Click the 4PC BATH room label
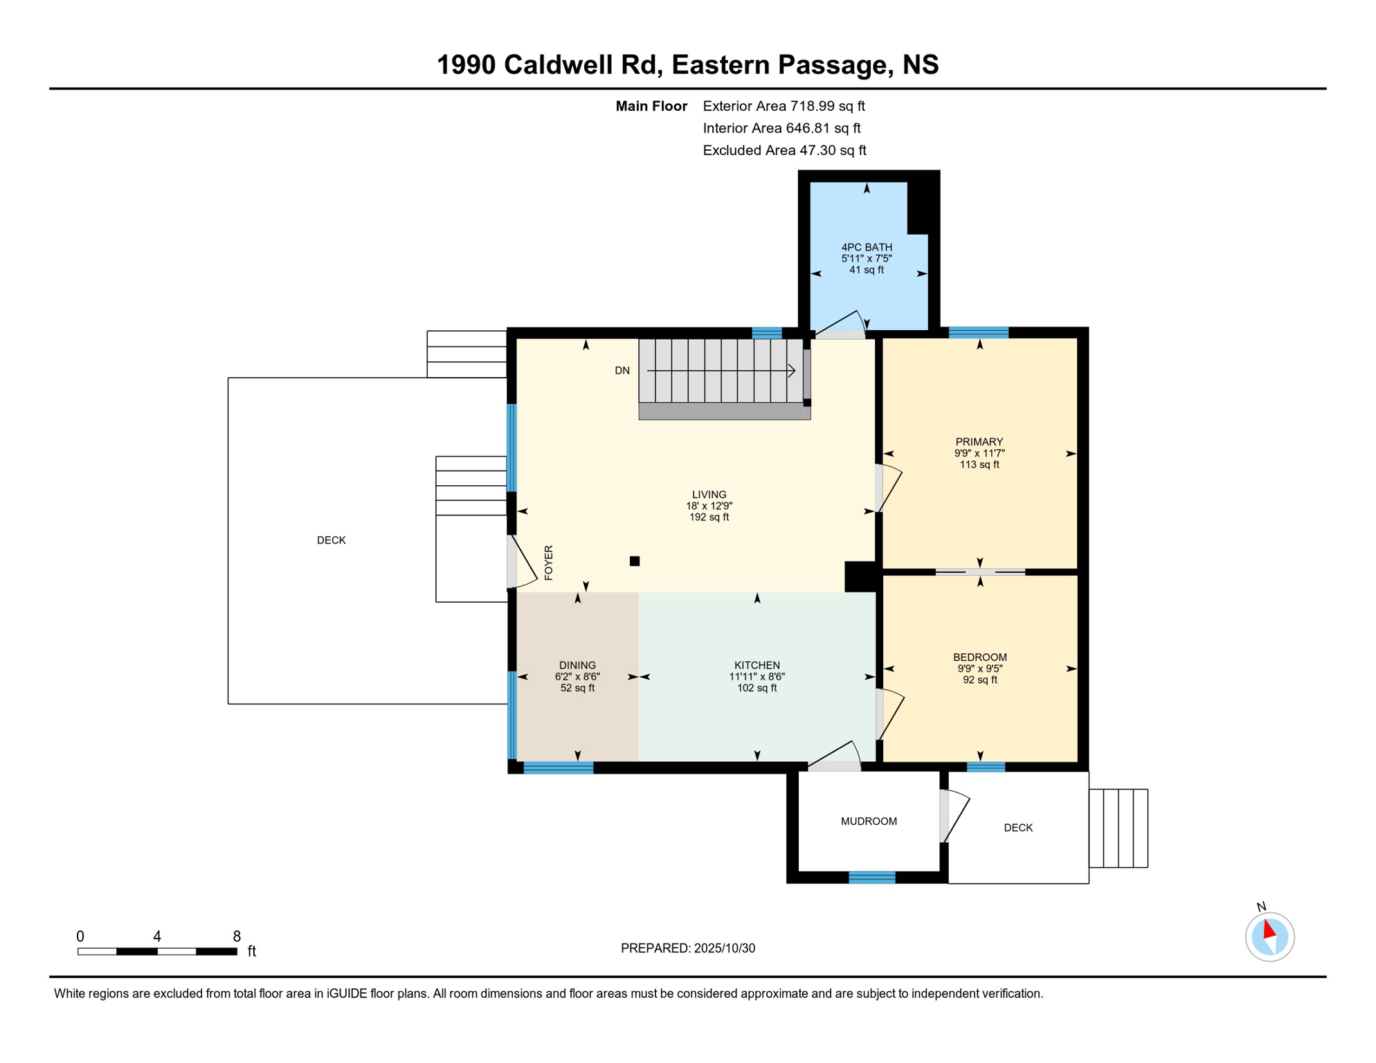[866, 247]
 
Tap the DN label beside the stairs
[622, 371]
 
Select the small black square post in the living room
[635, 561]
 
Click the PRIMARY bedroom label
[979, 442]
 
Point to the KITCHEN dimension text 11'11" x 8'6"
[757, 677]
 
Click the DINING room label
[577, 665]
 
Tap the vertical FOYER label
[549, 563]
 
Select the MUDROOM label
[869, 821]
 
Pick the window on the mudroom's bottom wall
[871, 878]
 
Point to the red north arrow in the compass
[1269, 929]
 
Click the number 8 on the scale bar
[237, 936]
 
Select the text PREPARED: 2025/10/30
[687, 948]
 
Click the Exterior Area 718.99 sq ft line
[784, 106]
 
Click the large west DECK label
[331, 540]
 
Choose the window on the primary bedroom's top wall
[978, 333]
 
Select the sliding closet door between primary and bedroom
[979, 572]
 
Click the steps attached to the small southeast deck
[1118, 828]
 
